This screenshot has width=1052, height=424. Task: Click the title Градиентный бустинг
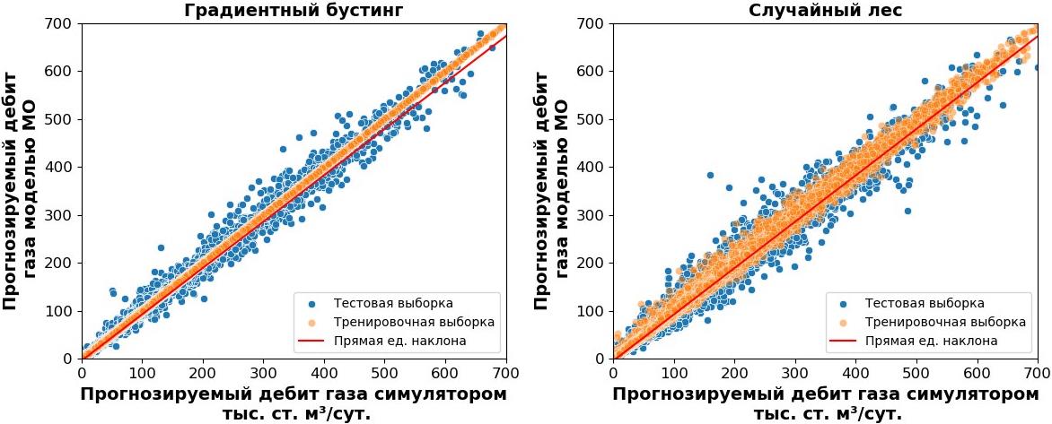(294, 11)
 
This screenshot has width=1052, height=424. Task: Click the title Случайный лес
(825, 11)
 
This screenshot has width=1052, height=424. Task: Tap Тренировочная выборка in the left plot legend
(414, 321)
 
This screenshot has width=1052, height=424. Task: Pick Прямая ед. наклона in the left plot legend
(399, 341)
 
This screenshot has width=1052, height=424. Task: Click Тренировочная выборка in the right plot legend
(945, 321)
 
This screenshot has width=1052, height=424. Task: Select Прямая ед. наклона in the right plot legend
(931, 341)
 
